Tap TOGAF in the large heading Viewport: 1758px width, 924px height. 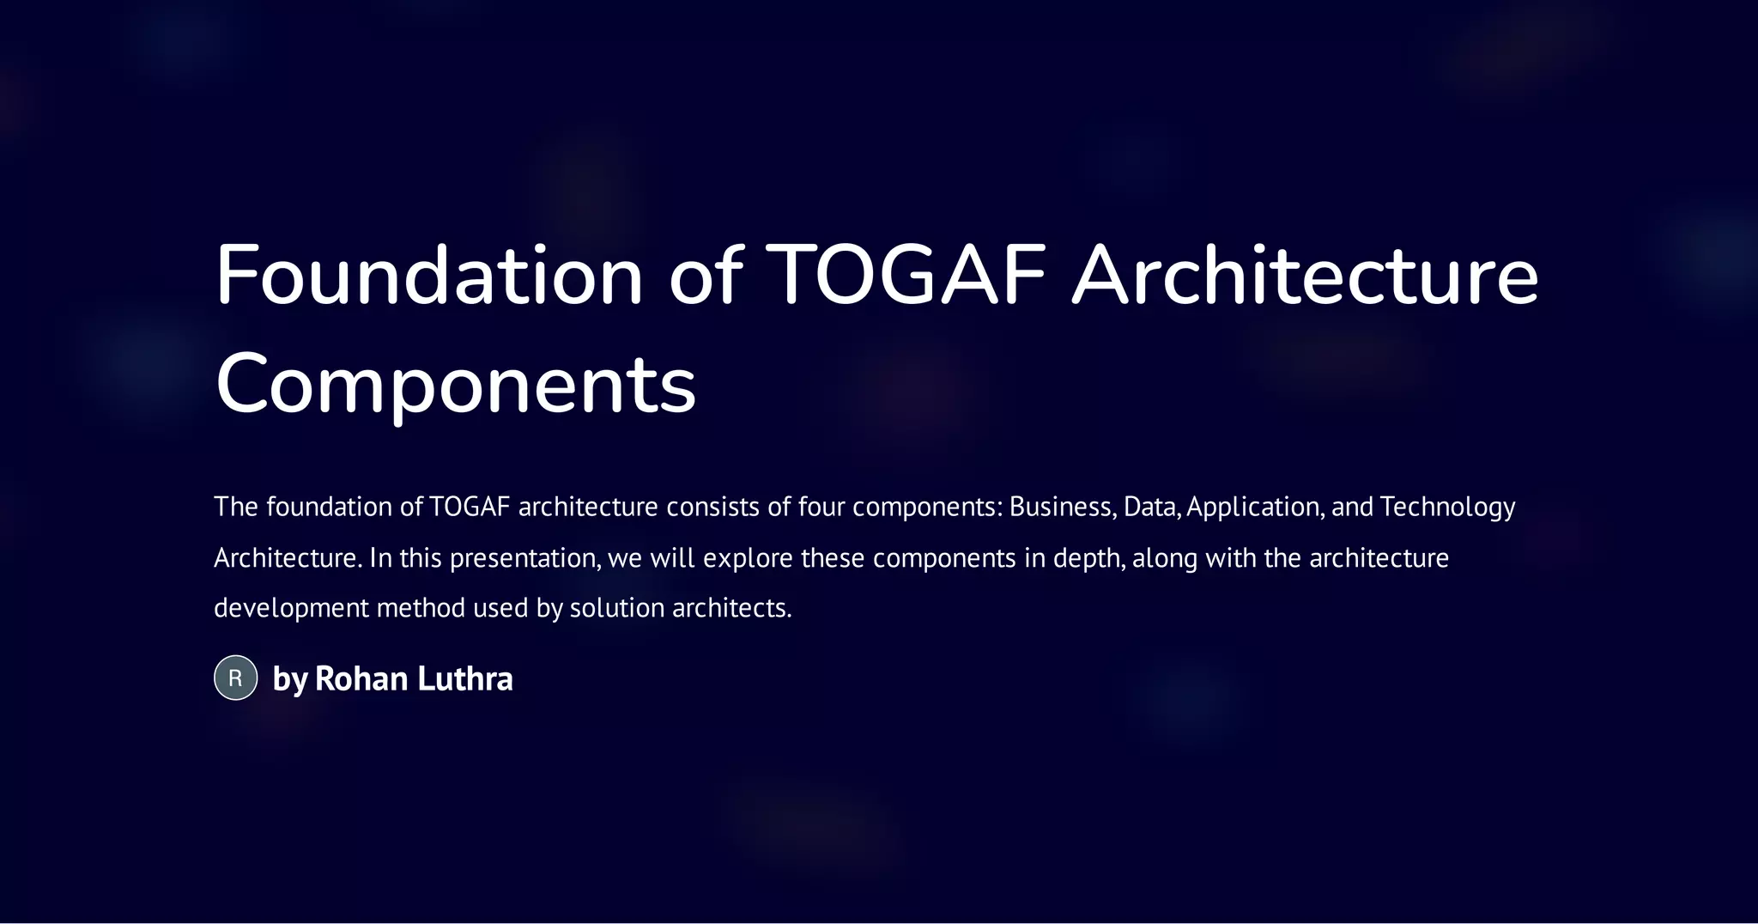pos(906,276)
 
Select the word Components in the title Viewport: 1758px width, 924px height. pos(455,384)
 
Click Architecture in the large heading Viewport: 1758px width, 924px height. pos(1305,276)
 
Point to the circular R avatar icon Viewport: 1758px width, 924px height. pos(235,678)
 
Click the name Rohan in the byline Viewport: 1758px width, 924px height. pos(361,678)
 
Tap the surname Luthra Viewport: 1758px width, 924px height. pos(464,678)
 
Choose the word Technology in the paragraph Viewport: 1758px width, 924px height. pos(1447,508)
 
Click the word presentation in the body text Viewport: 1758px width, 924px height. pos(524,559)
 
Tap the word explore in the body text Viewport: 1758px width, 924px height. pos(748,559)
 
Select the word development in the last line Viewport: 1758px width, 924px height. pos(291,609)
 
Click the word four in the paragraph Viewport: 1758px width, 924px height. pos(821,507)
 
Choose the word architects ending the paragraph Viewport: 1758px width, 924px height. pos(730,608)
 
